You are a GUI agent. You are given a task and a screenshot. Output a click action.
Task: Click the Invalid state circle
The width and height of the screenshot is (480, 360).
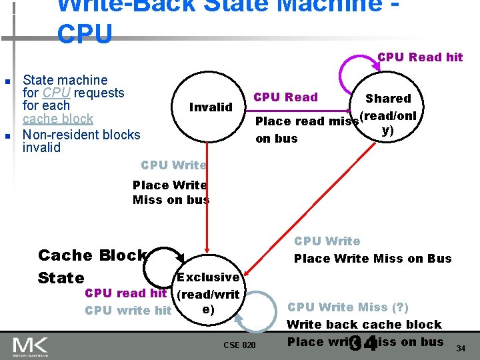point(211,107)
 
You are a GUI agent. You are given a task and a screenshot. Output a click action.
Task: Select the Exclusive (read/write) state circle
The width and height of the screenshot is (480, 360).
point(208,293)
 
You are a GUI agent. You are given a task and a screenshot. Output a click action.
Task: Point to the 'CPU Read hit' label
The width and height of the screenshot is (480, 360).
point(420,57)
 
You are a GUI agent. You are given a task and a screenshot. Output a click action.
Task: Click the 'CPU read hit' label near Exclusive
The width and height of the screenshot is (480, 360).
point(125,293)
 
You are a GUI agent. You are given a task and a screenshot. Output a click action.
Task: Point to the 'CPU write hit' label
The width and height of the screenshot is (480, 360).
point(128,310)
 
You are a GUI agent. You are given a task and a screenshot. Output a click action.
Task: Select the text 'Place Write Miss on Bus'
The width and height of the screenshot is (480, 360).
point(373,259)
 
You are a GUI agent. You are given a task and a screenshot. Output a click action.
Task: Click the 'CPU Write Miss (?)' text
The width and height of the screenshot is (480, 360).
point(347,307)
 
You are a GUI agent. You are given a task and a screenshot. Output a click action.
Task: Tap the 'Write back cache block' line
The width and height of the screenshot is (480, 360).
point(364,325)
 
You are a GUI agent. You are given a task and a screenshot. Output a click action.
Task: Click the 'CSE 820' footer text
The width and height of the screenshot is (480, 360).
point(239,345)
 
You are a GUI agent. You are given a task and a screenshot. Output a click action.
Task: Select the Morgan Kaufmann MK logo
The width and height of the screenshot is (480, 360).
point(29,345)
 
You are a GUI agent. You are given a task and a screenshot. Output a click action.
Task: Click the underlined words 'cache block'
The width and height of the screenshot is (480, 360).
point(58,119)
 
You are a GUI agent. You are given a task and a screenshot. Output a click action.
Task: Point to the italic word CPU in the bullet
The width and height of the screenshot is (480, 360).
point(55,93)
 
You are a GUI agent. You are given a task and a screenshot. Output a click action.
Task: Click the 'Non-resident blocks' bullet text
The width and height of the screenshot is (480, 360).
point(81,135)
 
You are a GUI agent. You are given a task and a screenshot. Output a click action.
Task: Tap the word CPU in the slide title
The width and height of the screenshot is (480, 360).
point(85,34)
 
